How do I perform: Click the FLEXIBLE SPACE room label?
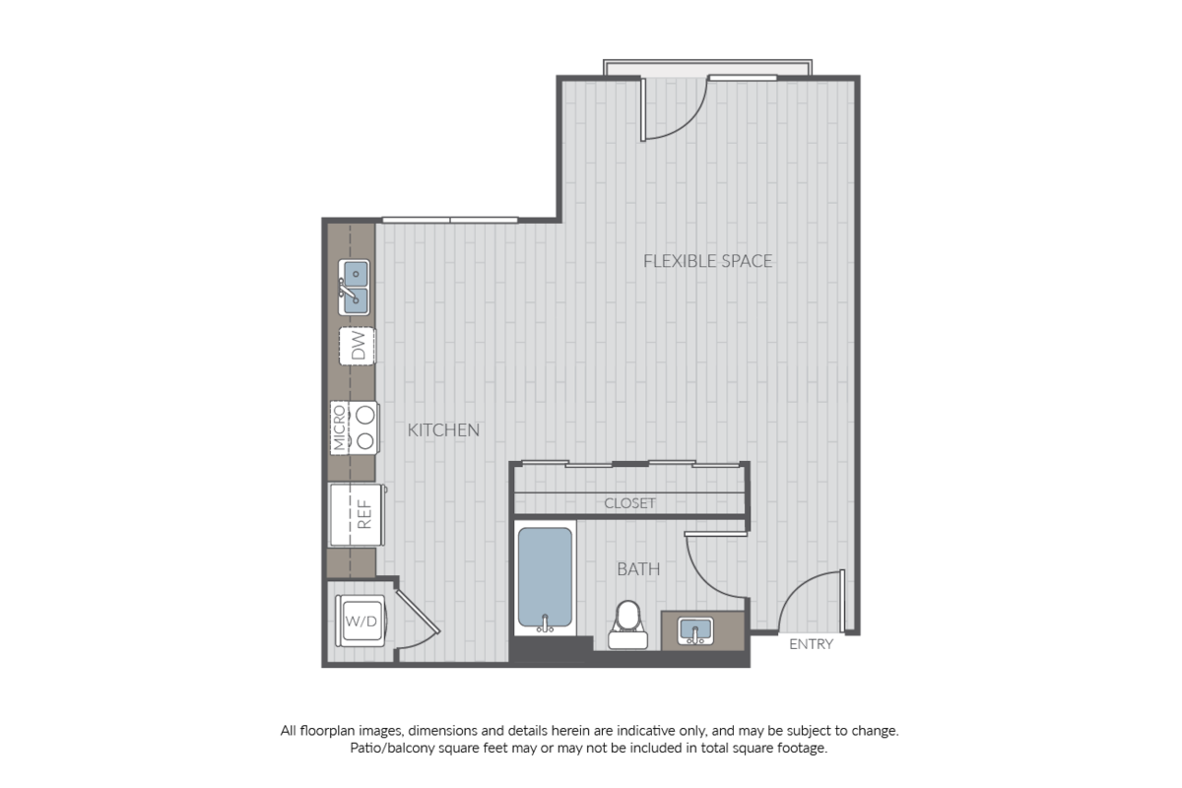[x=707, y=261]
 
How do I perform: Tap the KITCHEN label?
[x=443, y=430]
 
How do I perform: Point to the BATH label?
[x=638, y=569]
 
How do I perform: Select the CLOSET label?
[x=629, y=503]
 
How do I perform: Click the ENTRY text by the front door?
[x=811, y=644]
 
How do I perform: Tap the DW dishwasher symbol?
[x=358, y=346]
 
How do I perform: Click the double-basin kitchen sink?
[x=354, y=288]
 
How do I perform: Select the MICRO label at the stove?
[x=339, y=428]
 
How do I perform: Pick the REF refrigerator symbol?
[x=357, y=514]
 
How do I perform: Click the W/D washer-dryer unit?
[x=361, y=621]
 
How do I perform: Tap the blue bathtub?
[x=545, y=577]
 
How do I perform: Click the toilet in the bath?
[x=628, y=624]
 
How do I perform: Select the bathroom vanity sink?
[x=696, y=630]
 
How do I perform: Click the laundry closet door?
[x=418, y=611]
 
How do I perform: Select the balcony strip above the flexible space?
[x=707, y=69]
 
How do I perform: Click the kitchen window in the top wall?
[x=450, y=220]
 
